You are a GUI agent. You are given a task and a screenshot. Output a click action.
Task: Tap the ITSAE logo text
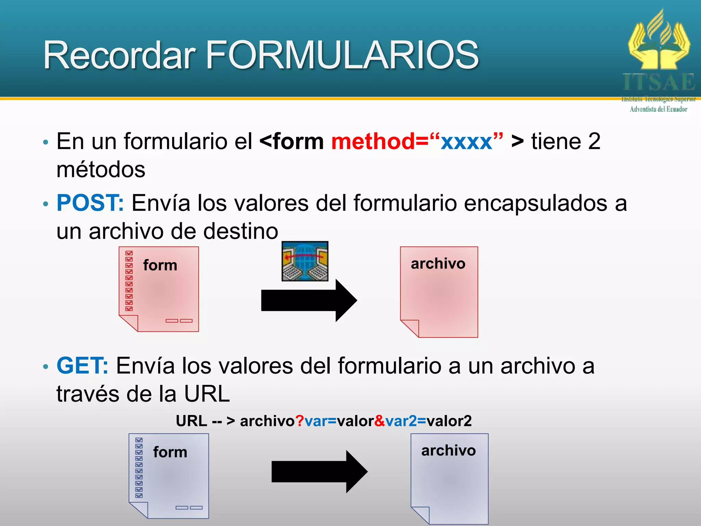[x=659, y=83]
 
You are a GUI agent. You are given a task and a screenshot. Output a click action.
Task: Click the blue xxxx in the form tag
[x=466, y=141]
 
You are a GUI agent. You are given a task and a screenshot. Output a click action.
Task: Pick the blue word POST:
[x=90, y=203]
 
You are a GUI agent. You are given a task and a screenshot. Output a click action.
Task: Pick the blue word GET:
[x=82, y=366]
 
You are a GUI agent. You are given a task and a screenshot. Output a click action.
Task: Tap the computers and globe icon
[x=305, y=261]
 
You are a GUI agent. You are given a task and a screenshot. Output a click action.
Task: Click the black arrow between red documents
[x=308, y=301]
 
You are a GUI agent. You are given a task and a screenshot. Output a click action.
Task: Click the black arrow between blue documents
[x=318, y=472]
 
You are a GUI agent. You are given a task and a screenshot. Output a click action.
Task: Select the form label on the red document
[x=160, y=265]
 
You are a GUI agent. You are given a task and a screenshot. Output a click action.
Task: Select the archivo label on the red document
[x=438, y=264]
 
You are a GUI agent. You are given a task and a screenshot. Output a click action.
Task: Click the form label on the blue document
[x=170, y=452]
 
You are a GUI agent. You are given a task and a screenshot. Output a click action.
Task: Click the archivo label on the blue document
[x=448, y=451]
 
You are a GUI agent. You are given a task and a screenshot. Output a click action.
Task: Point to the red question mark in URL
[x=299, y=421]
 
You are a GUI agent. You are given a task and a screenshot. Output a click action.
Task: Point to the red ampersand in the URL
[x=380, y=421]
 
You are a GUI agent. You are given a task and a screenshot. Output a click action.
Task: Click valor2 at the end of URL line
[x=449, y=421]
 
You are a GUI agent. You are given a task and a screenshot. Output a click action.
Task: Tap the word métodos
[x=101, y=170]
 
